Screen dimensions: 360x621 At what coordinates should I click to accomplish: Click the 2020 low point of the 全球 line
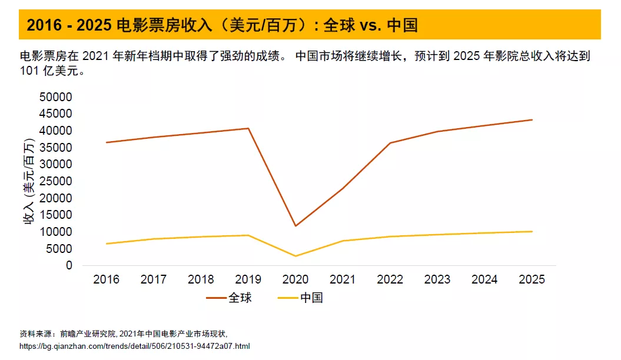click(x=295, y=226)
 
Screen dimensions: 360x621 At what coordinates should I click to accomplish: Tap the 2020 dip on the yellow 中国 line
click(x=295, y=256)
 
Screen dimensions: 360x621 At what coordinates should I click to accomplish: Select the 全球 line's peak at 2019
click(x=248, y=128)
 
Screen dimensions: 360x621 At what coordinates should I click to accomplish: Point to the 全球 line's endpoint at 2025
click(x=532, y=120)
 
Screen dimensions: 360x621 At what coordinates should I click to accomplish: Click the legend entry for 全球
click(x=229, y=298)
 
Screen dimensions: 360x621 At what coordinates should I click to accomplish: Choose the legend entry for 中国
click(x=300, y=298)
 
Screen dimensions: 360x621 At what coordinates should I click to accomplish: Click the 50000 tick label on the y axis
click(x=55, y=97)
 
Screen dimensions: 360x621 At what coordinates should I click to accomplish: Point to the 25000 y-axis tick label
click(x=55, y=181)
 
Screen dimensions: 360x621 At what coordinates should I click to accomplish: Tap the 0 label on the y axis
click(x=68, y=265)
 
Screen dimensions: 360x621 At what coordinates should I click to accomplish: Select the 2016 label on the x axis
click(x=107, y=279)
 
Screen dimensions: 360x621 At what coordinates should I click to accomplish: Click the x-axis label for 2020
click(x=295, y=279)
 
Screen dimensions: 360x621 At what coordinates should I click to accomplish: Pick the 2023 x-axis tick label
click(x=437, y=279)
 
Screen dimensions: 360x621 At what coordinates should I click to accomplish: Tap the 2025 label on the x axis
click(x=532, y=279)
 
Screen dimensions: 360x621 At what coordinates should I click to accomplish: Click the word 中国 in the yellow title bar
click(x=403, y=25)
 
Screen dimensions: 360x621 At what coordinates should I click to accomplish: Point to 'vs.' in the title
click(x=368, y=25)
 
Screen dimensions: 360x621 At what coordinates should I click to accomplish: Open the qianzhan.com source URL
click(x=135, y=346)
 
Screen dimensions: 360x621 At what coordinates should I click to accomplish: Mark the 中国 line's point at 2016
click(x=107, y=244)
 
